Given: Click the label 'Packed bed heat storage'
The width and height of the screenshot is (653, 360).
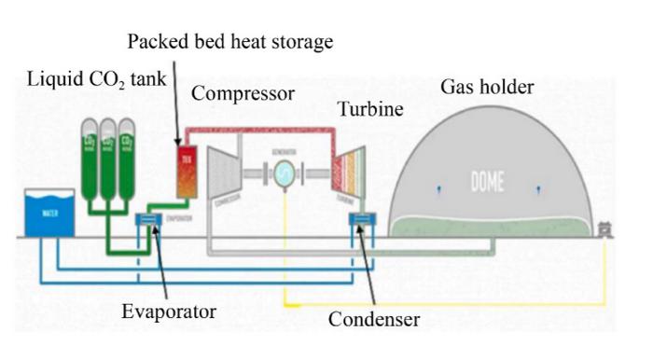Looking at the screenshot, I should (x=229, y=42).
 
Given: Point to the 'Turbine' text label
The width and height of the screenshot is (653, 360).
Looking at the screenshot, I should (x=370, y=109).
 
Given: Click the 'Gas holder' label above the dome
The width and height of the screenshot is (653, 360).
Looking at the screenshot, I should (x=486, y=88).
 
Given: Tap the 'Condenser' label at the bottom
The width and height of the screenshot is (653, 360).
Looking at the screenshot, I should (x=373, y=319).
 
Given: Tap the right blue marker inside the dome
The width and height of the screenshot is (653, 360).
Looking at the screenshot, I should (x=537, y=190).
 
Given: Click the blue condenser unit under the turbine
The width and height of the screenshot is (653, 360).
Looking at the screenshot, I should (x=361, y=221).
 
